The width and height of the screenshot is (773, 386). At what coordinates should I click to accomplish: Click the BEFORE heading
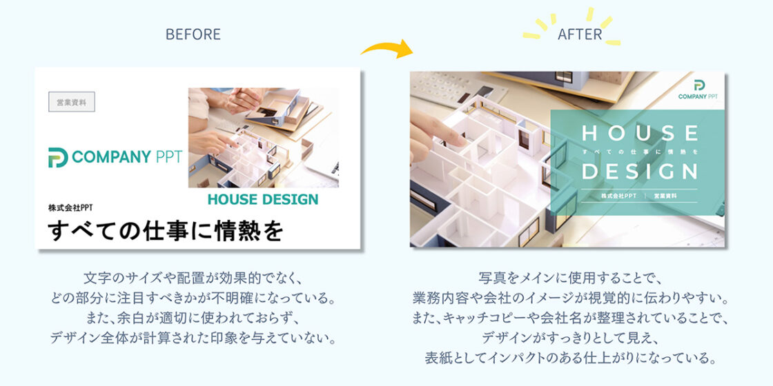pyautogui.click(x=193, y=34)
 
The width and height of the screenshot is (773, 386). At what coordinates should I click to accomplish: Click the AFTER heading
pyautogui.click(x=580, y=34)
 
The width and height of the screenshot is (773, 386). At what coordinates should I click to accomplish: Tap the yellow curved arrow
pyautogui.click(x=387, y=48)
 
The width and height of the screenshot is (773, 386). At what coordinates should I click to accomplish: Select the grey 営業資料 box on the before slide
pyautogui.click(x=72, y=102)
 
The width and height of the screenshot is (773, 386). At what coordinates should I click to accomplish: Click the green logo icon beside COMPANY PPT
pyautogui.click(x=58, y=158)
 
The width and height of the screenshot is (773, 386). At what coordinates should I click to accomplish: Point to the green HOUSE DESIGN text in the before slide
pyautogui.click(x=263, y=199)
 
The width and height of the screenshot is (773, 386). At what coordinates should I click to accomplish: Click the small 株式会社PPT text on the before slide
pyautogui.click(x=70, y=207)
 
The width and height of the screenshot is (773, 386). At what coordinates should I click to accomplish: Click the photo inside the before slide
pyautogui.click(x=263, y=137)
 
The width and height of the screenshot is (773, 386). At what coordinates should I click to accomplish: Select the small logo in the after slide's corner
pyautogui.click(x=698, y=90)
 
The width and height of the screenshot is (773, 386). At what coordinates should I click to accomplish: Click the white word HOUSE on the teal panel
pyautogui.click(x=640, y=134)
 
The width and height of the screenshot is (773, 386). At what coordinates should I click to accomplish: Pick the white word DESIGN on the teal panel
pyautogui.click(x=640, y=171)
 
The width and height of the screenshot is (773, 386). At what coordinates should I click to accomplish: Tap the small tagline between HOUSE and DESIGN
pyautogui.click(x=640, y=152)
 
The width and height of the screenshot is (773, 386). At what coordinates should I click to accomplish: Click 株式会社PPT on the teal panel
pyautogui.click(x=618, y=196)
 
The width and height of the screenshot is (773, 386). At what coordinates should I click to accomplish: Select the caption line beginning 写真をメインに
pyautogui.click(x=569, y=278)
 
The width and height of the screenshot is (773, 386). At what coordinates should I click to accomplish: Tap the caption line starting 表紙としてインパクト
pyautogui.click(x=569, y=358)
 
